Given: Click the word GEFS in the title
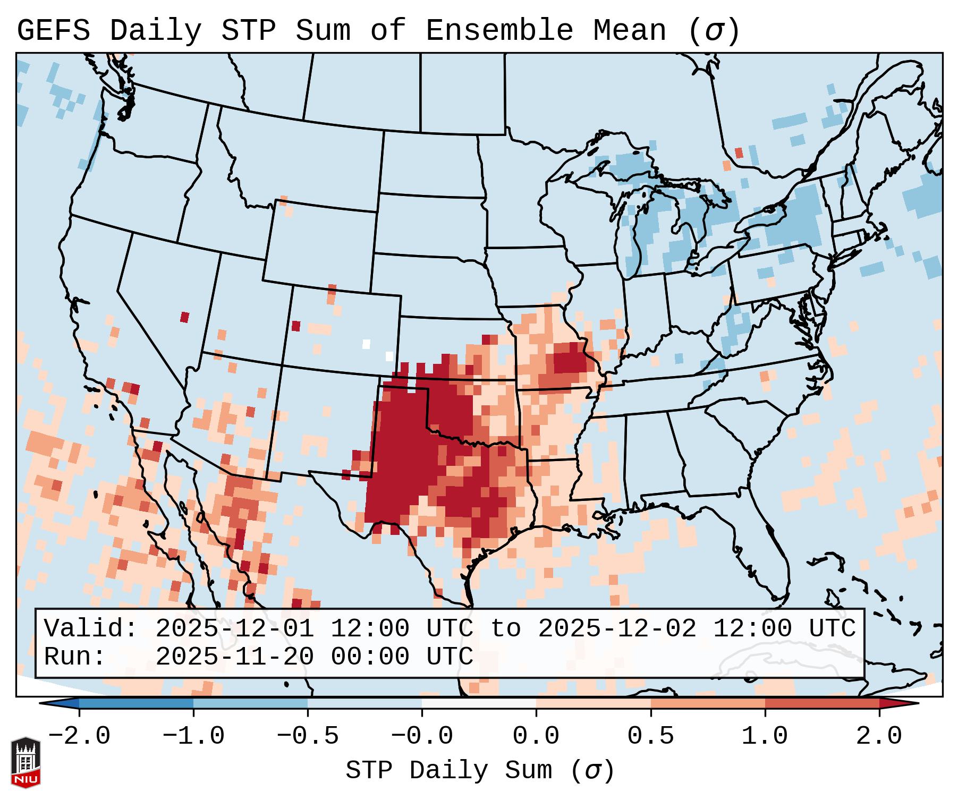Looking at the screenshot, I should click(x=53, y=31).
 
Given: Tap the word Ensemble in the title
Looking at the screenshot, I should click(x=499, y=31).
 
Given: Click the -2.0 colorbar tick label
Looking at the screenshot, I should click(x=79, y=736).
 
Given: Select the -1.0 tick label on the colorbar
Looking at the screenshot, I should click(x=193, y=736).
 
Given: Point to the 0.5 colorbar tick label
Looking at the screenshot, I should click(x=650, y=736).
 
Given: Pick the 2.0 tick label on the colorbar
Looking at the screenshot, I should click(x=879, y=736).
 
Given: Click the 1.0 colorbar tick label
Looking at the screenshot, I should click(x=765, y=736).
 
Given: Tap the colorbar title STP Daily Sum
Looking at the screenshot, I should click(x=448, y=770).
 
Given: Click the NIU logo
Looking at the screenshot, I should click(x=26, y=762).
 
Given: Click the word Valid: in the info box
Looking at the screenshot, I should click(x=90, y=629).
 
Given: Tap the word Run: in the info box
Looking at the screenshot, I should click(x=74, y=657).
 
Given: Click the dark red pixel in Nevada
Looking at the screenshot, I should click(x=184, y=317).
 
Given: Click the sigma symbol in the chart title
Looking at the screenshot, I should click(x=714, y=31).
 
